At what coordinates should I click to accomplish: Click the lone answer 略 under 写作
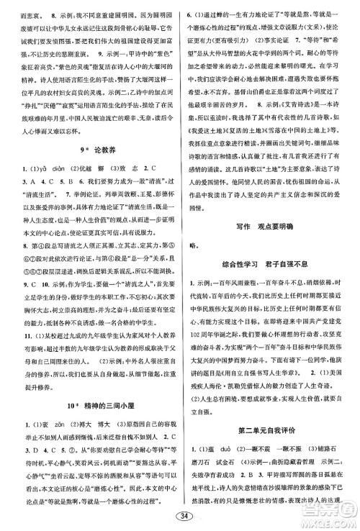(x=192, y=245)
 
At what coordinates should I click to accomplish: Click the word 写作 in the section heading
(x=245, y=227)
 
